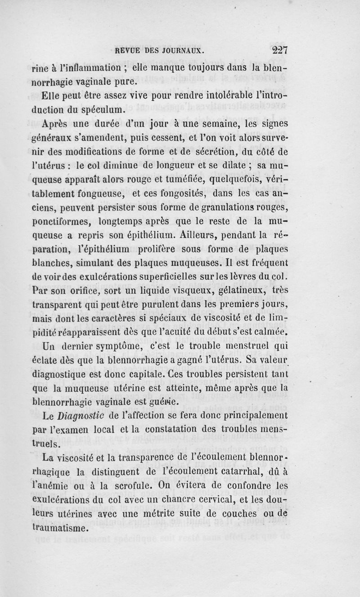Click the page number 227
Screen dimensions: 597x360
point(277,50)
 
